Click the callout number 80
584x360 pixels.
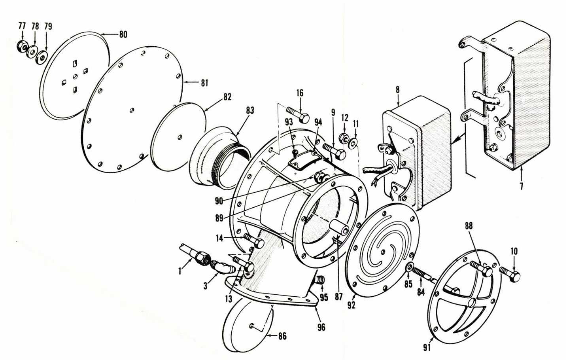pos(123,34)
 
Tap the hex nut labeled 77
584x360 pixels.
pos(22,46)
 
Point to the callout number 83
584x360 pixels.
pos(250,110)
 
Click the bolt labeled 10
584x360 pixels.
pos(510,274)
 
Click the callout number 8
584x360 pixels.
pos(397,90)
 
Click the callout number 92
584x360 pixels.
pos(351,305)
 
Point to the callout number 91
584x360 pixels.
pos(427,348)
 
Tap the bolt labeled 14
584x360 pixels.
pos(253,241)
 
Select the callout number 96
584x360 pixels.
pos(321,327)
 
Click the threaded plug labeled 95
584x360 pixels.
pos(321,281)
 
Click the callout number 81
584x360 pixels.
pos(204,83)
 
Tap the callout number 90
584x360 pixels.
pos(219,201)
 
